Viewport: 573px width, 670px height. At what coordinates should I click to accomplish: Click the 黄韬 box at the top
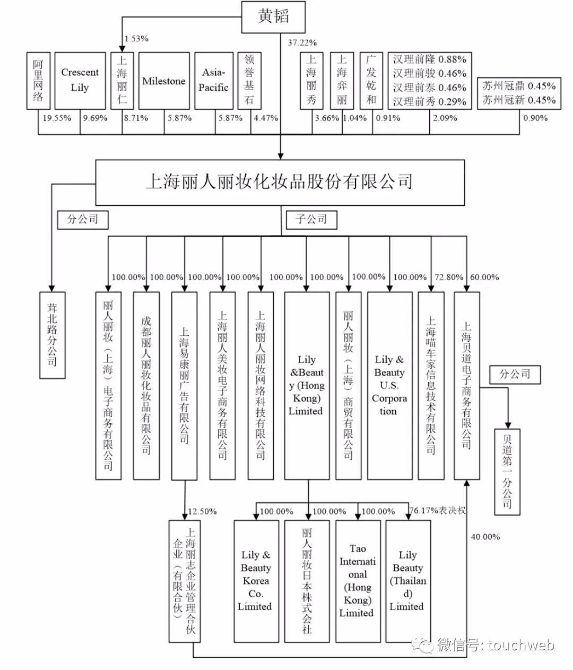(x=274, y=16)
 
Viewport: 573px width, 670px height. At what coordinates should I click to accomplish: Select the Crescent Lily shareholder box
(x=80, y=80)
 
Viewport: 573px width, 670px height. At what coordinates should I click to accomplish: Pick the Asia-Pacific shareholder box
(x=214, y=80)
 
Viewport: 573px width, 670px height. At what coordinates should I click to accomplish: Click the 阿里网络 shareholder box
(x=38, y=80)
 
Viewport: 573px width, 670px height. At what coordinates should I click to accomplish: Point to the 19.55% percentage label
(x=57, y=118)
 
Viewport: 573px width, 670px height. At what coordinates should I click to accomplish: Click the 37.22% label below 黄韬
(x=302, y=42)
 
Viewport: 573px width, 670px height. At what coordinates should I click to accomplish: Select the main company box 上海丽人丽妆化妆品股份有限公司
(x=279, y=182)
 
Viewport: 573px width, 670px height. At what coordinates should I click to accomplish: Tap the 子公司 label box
(x=311, y=219)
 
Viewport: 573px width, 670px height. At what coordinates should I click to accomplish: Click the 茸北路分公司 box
(x=53, y=334)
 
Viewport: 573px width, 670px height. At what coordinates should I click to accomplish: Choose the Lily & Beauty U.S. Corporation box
(x=389, y=385)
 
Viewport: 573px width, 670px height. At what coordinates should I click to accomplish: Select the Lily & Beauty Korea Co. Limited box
(x=256, y=580)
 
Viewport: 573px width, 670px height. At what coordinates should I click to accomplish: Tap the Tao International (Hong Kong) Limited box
(x=357, y=580)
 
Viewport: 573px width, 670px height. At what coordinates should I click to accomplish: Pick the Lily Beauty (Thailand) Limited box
(x=407, y=580)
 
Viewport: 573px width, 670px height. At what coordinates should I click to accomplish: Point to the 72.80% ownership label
(x=449, y=277)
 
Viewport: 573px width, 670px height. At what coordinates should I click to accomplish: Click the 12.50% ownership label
(x=202, y=511)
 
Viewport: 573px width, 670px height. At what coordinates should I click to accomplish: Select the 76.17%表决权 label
(x=438, y=511)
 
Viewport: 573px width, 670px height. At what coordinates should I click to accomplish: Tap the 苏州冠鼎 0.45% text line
(x=519, y=86)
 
